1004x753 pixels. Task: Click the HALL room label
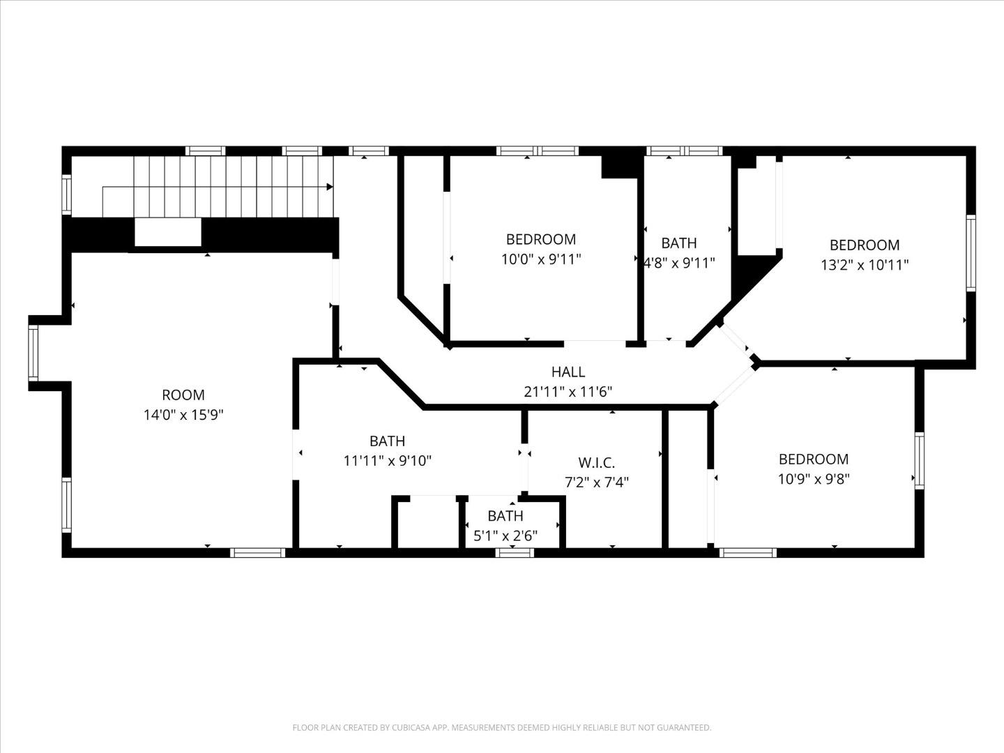568,372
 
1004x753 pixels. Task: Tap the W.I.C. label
596,463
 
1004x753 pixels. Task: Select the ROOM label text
183,395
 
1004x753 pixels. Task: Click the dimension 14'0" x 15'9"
183,415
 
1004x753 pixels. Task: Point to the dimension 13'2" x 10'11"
865,265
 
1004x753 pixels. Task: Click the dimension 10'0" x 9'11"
540,259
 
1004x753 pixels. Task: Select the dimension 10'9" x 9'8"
814,479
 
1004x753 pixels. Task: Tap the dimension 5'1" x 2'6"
505,536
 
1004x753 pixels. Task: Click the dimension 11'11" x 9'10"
388,461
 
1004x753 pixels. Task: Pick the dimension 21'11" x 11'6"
568,392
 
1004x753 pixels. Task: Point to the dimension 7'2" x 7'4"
596,482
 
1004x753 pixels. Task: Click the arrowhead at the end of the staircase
329,187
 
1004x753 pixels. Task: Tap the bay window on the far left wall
33,353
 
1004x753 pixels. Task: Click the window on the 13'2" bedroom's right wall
971,252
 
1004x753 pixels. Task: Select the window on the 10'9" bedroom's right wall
919,460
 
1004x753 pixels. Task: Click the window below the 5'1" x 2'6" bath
515,553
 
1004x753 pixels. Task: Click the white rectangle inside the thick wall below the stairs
167,232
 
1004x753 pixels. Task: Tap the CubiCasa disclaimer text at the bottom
501,728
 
